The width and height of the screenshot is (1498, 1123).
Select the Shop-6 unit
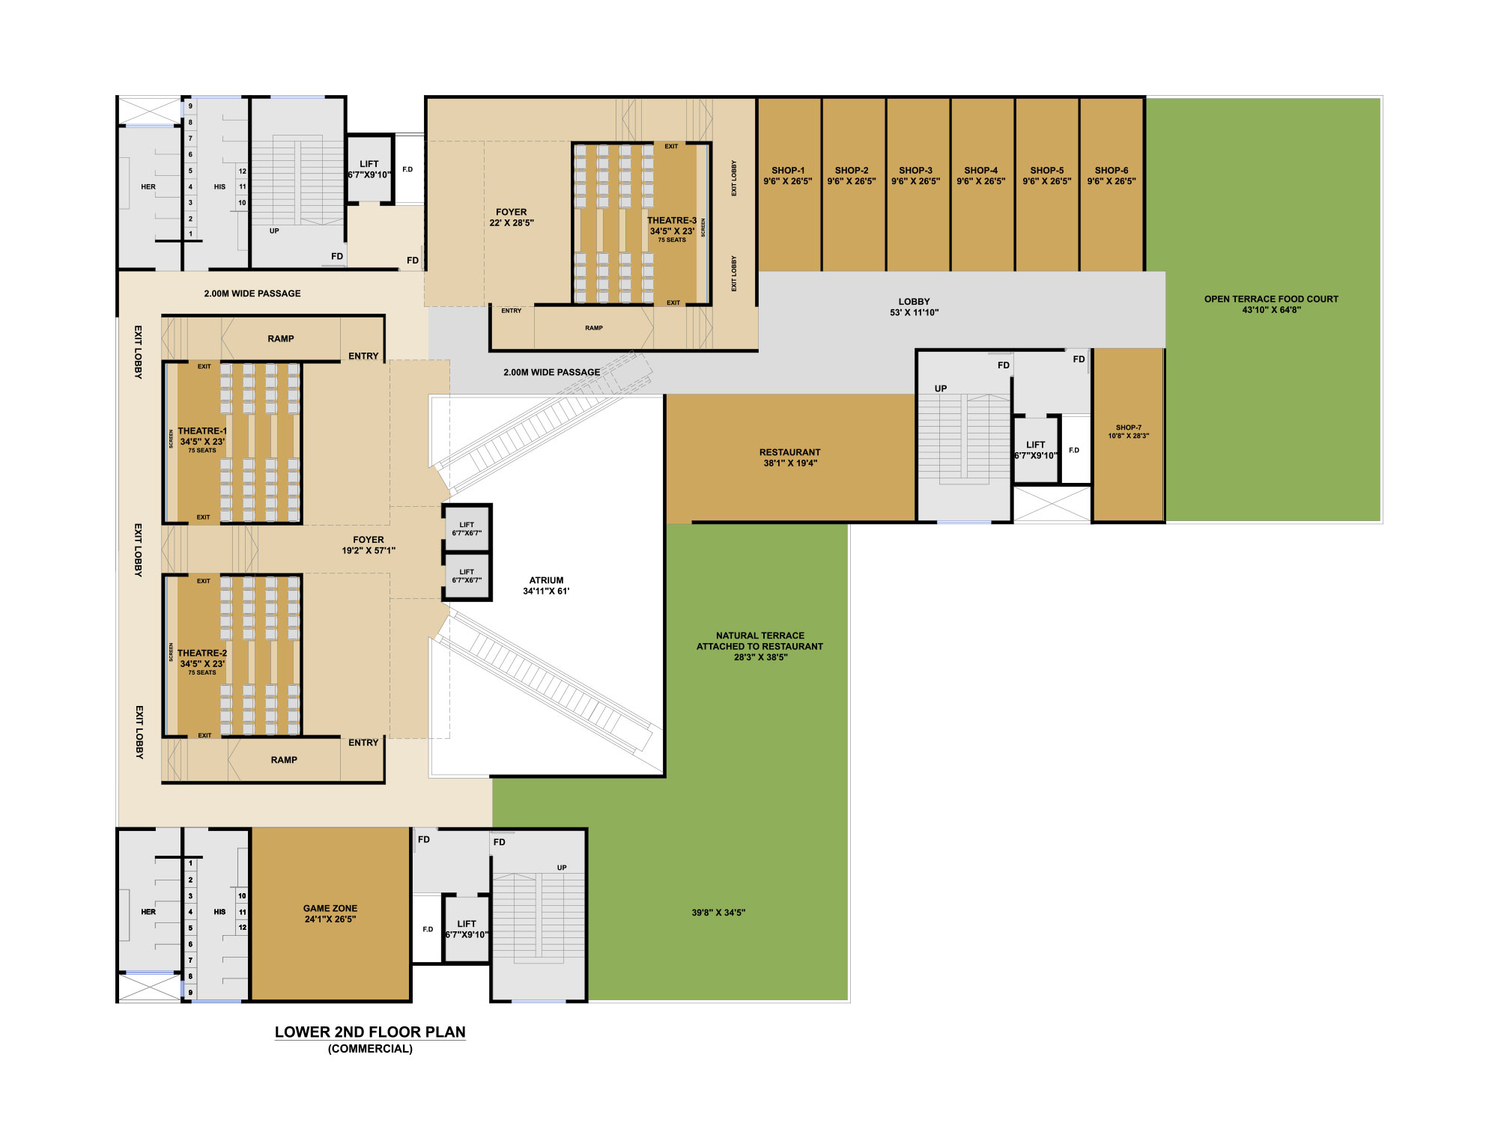(1112, 184)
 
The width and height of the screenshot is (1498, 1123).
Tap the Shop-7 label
(1129, 432)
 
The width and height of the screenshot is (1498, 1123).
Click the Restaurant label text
(790, 457)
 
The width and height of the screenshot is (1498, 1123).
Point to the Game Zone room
(330, 913)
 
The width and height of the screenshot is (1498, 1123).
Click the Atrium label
(546, 585)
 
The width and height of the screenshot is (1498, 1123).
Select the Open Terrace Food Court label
(1271, 304)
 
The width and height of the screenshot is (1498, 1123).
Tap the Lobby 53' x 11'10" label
(914, 307)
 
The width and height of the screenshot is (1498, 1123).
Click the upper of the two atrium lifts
(467, 529)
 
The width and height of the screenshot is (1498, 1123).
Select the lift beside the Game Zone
(467, 928)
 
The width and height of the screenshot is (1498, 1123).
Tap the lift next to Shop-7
(1036, 449)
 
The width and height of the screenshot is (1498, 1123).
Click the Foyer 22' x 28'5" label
(512, 217)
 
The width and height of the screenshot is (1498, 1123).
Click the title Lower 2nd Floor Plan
(370, 1032)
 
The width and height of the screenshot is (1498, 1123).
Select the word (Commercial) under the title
(370, 1049)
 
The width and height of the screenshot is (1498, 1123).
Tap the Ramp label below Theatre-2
(284, 760)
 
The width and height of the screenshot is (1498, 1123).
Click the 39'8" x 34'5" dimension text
(718, 913)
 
